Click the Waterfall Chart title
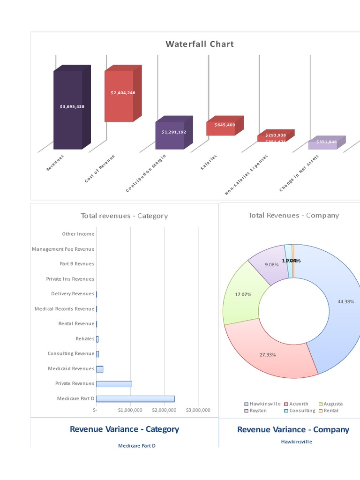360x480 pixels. point(199,44)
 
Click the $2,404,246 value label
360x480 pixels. point(123,93)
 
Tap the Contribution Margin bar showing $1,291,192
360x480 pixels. point(170,135)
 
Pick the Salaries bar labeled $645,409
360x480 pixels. point(221,128)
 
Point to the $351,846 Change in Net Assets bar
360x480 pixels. point(322,144)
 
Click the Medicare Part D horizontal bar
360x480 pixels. point(135,398)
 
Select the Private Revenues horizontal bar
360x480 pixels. point(114,383)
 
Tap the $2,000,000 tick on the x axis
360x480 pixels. point(164,410)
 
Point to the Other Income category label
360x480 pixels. point(78,234)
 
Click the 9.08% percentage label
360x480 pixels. point(271,264)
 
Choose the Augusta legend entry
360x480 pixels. point(333,404)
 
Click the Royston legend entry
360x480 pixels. point(258,411)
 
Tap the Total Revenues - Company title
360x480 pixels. point(293,215)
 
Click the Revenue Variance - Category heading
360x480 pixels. point(124,429)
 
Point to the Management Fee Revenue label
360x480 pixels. point(63,249)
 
